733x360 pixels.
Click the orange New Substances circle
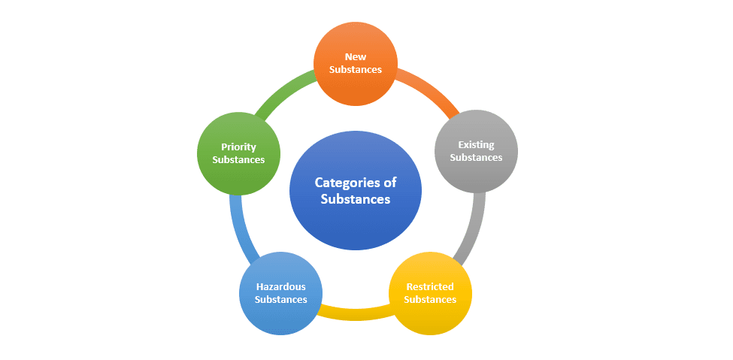(355, 63)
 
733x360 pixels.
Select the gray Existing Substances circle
(476, 151)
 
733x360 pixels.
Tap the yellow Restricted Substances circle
(430, 293)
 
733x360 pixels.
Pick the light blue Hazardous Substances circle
(280, 293)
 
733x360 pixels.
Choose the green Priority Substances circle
(238, 153)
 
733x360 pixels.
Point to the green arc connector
(283, 90)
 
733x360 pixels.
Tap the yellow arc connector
(355, 311)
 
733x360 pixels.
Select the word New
(355, 56)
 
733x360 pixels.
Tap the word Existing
(476, 144)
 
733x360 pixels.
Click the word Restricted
(430, 286)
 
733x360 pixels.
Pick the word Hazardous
(280, 286)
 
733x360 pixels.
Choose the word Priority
(238, 147)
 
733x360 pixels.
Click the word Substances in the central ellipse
(356, 199)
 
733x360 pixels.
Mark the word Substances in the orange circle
(355, 70)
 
